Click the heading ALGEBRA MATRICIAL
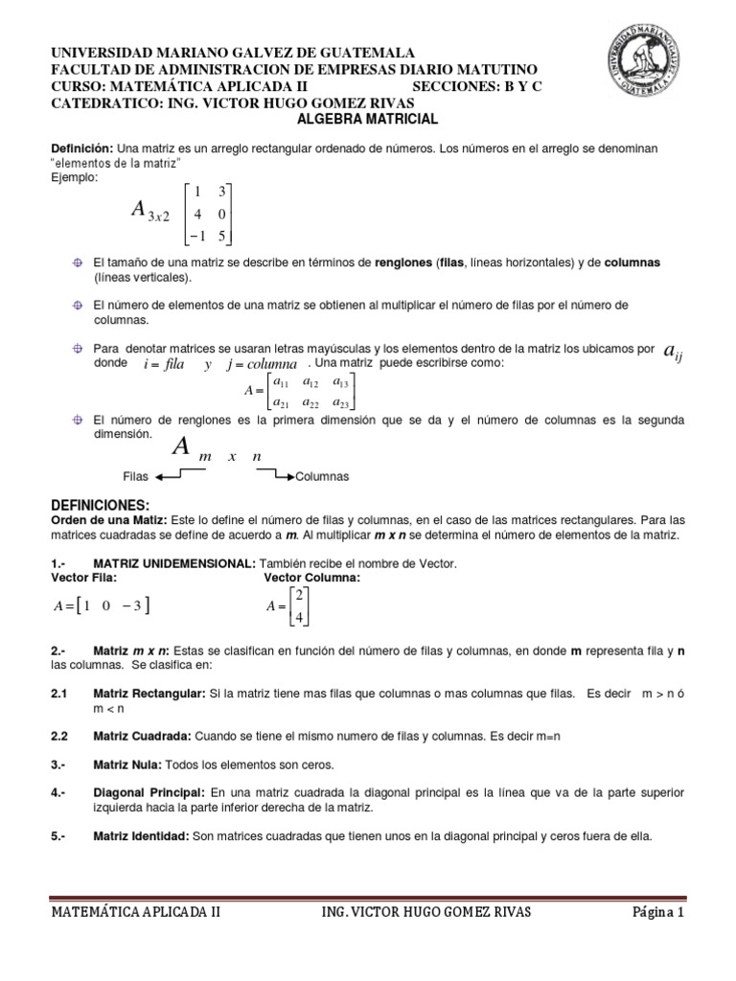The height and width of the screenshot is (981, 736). [x=368, y=120]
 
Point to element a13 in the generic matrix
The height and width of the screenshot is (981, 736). [x=340, y=383]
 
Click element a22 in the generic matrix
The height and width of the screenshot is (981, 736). [x=310, y=402]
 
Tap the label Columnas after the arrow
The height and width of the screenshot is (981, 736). [x=322, y=476]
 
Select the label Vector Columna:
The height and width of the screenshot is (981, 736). [x=312, y=579]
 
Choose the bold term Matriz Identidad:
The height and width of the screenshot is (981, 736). [x=141, y=836]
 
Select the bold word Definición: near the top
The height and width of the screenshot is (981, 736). [x=81, y=150]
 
